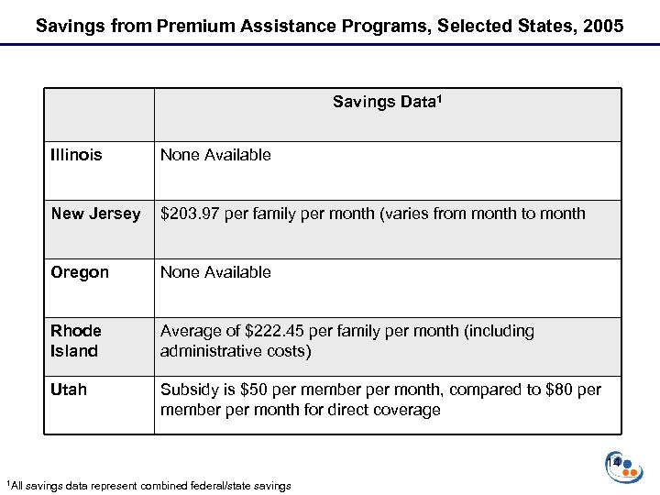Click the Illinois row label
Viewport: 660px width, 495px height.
(77, 155)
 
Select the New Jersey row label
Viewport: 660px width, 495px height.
(96, 214)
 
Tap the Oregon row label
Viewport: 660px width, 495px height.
(80, 272)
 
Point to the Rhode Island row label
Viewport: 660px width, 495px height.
(77, 339)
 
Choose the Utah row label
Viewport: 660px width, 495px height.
(69, 390)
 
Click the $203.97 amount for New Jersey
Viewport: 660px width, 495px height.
(190, 214)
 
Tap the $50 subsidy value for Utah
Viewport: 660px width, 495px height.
(250, 390)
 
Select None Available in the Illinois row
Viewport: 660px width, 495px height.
(215, 155)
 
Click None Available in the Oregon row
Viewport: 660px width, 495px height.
(215, 272)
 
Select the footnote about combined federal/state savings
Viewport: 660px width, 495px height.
(148, 485)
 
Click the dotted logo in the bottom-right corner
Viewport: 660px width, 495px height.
(624, 466)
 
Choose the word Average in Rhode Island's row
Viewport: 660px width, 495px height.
(192, 330)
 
